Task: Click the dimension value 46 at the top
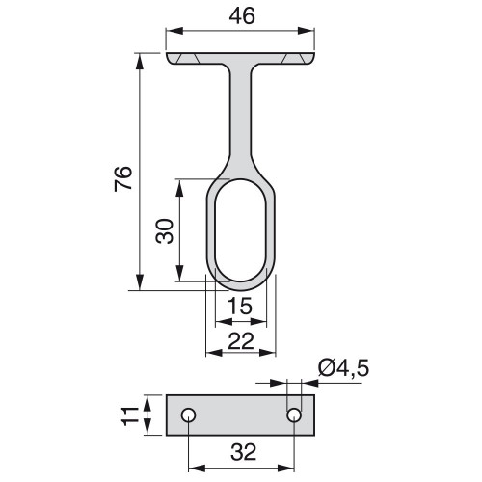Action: pos(243,15)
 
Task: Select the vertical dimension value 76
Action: pos(122,178)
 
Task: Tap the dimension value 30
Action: pos(164,231)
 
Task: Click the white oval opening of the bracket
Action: pos(242,230)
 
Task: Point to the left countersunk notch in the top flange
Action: pos(192,60)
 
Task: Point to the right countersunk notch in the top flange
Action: pos(292,60)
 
